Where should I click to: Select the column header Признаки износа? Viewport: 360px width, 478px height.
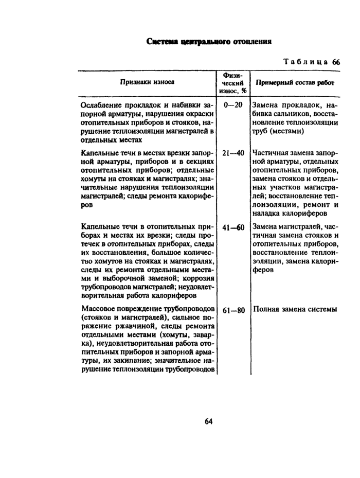147,82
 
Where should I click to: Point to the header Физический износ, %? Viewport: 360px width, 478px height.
233,82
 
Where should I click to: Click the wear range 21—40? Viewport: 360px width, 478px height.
233,153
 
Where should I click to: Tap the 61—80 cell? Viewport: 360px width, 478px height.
233,310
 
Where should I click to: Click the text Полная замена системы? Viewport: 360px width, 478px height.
295,310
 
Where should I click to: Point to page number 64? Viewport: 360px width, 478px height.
209,421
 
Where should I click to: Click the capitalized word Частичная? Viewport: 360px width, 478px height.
271,153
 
